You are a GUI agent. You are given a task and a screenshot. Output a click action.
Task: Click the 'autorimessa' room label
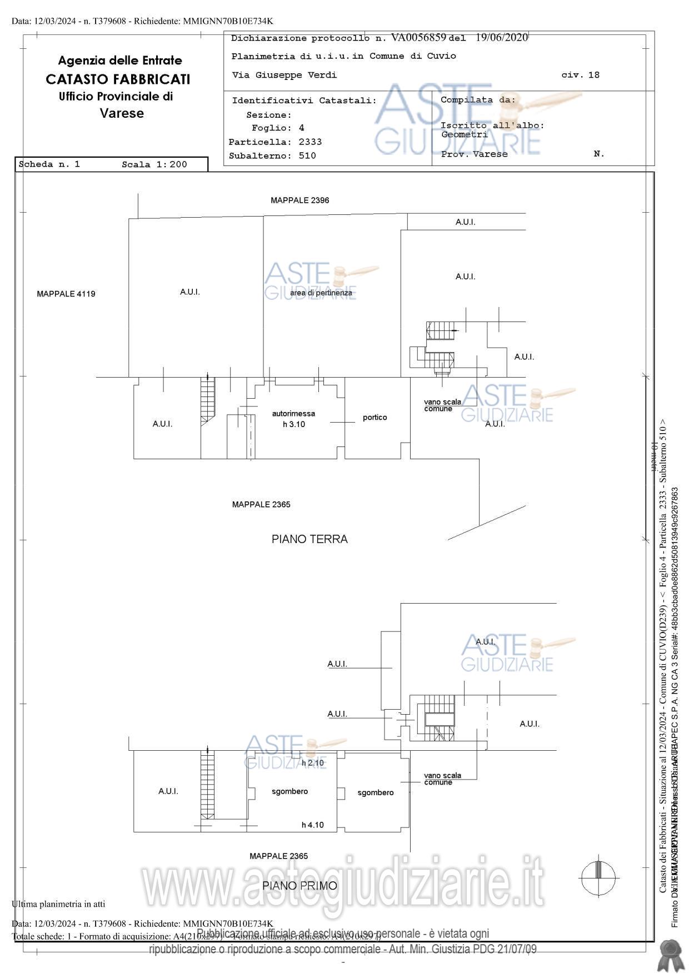(293, 414)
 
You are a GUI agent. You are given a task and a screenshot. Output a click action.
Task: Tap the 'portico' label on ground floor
(375, 418)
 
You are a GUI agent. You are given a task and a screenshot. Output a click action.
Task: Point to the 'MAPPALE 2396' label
(299, 200)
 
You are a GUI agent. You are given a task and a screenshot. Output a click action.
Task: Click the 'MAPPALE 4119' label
(66, 294)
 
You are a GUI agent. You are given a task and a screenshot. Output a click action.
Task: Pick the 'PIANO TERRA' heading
(309, 539)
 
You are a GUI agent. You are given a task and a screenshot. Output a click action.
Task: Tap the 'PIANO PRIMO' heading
(299, 886)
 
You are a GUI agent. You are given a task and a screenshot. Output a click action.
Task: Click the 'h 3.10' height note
(294, 424)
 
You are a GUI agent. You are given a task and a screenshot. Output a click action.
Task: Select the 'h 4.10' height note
(312, 825)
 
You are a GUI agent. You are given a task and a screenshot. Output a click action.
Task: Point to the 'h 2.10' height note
(312, 763)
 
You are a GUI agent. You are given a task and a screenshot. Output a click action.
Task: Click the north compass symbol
(598, 877)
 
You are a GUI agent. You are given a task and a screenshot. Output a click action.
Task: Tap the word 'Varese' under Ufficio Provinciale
(122, 113)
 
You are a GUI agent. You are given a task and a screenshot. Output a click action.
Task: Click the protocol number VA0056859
(418, 38)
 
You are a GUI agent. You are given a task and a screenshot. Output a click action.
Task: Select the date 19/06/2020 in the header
(501, 38)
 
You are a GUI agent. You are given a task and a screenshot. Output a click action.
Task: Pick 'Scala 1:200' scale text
(154, 164)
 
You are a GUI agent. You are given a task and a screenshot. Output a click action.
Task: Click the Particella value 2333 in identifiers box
(310, 142)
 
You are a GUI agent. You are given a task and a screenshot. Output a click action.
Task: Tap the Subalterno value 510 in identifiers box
(307, 156)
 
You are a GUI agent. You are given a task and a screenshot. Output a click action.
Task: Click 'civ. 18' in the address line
(580, 75)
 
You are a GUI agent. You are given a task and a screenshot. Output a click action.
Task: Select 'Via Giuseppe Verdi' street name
(284, 75)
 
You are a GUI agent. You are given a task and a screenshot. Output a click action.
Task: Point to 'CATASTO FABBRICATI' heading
(118, 79)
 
